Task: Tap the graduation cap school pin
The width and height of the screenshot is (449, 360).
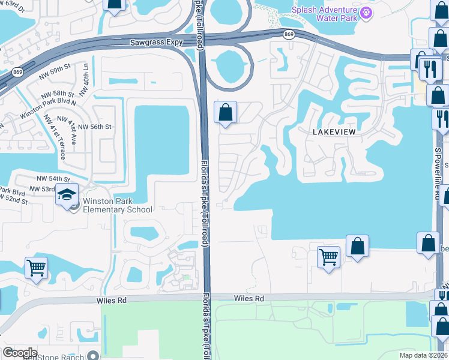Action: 67,195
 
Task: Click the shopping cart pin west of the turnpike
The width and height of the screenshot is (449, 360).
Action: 37,267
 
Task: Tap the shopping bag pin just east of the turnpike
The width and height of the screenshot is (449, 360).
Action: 225,112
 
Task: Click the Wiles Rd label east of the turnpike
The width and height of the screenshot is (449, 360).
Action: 249,298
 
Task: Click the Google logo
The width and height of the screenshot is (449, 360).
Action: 20,353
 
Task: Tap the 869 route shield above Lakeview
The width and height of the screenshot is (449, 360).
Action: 289,35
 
